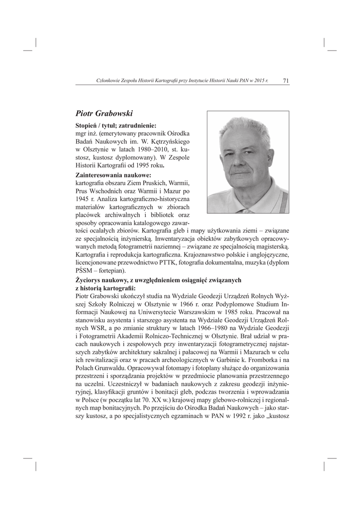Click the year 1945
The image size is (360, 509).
point(83,199)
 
